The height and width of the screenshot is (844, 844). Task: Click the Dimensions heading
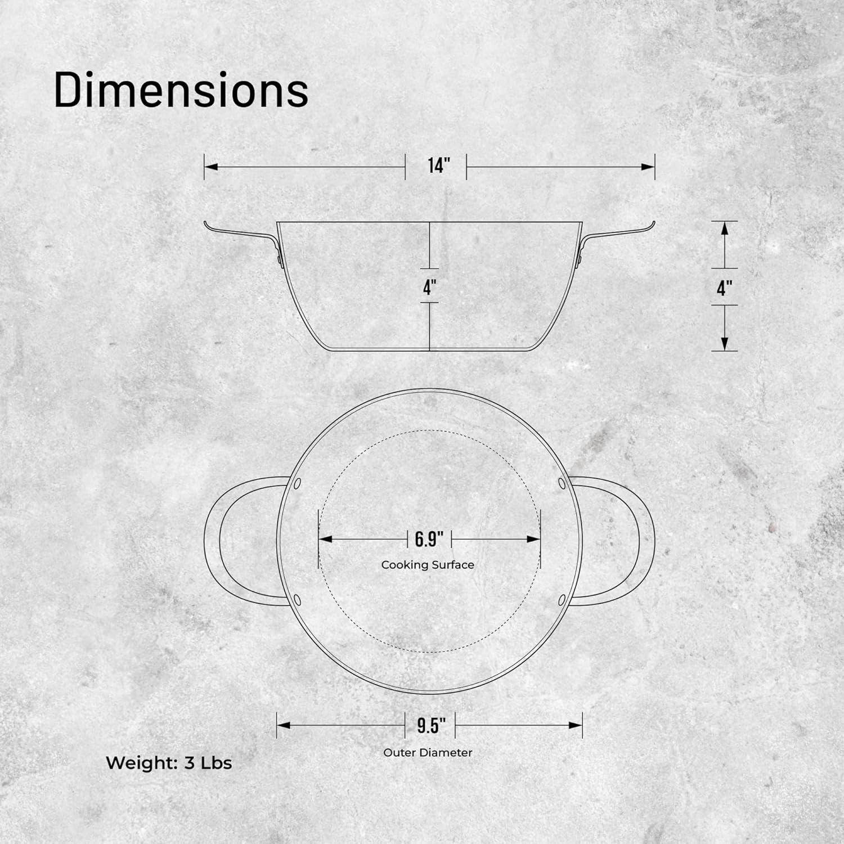[x=181, y=90]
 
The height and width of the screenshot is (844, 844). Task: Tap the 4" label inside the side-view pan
[x=430, y=287]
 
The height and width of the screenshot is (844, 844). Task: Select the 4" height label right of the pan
[x=725, y=288]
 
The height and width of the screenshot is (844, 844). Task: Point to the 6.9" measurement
[x=429, y=539]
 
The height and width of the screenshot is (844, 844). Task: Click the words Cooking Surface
[x=428, y=565]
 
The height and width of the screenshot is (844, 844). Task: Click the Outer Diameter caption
[x=428, y=752]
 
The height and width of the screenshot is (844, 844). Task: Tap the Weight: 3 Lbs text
[x=169, y=763]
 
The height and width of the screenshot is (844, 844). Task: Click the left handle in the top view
[x=214, y=540]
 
